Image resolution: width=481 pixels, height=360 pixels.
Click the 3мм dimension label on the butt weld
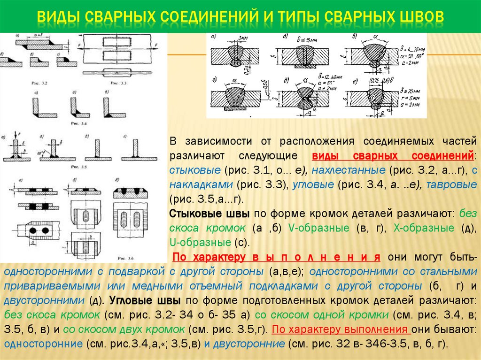click(x=242, y=38)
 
